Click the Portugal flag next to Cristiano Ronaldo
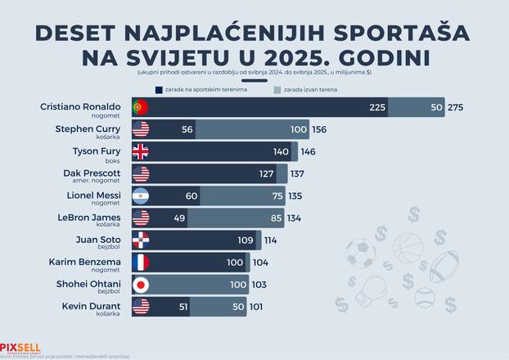[141, 107]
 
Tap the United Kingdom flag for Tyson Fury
[141, 151]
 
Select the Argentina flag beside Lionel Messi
[141, 196]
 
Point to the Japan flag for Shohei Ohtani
[141, 286]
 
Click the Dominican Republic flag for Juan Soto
[141, 241]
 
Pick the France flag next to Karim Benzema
[141, 263]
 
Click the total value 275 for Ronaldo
[456, 107]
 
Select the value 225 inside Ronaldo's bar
[377, 107]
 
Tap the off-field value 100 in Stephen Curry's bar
[298, 129]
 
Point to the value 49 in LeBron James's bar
[181, 218]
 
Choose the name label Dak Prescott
[92, 173]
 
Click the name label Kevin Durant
[91, 306]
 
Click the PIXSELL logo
[20, 346]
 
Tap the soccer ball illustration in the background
[361, 253]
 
